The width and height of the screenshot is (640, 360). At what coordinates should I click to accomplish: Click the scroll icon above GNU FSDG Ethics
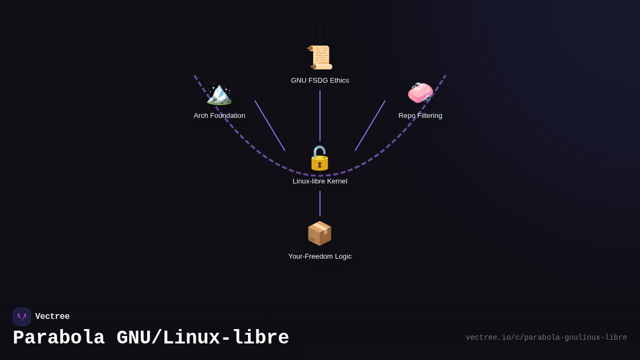click(x=320, y=58)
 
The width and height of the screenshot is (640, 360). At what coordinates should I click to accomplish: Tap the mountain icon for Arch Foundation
click(x=219, y=94)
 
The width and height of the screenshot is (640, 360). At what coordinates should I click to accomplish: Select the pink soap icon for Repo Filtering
click(x=420, y=93)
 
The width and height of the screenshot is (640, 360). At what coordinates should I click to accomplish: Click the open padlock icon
click(x=319, y=158)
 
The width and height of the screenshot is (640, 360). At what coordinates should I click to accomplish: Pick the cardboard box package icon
click(x=319, y=234)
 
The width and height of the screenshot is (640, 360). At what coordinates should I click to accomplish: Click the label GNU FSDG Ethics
click(x=320, y=81)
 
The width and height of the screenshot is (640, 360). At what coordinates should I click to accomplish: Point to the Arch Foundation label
click(x=219, y=116)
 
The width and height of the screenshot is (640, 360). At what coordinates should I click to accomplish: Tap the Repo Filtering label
click(x=420, y=116)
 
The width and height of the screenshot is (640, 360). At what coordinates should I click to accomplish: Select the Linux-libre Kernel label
click(x=320, y=181)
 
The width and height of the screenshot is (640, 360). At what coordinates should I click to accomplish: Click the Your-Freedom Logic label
click(x=320, y=257)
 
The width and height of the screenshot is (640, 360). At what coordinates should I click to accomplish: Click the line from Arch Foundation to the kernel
click(x=270, y=126)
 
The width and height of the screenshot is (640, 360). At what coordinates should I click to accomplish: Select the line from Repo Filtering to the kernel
click(x=370, y=126)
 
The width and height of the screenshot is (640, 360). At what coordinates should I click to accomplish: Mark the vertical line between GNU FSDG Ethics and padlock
click(x=320, y=115)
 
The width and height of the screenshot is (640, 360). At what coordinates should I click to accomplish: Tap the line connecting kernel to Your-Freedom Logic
click(x=320, y=203)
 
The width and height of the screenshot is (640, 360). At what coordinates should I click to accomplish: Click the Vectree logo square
click(x=22, y=317)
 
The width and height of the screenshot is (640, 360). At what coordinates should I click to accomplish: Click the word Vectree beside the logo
click(x=52, y=317)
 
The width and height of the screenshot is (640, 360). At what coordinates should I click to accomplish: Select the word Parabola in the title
click(x=59, y=338)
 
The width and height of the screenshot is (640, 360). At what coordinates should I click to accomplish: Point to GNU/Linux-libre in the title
click(x=203, y=338)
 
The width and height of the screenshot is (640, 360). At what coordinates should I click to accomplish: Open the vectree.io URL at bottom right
click(x=546, y=338)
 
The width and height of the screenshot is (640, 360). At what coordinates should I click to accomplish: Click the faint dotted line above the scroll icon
click(x=320, y=34)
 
